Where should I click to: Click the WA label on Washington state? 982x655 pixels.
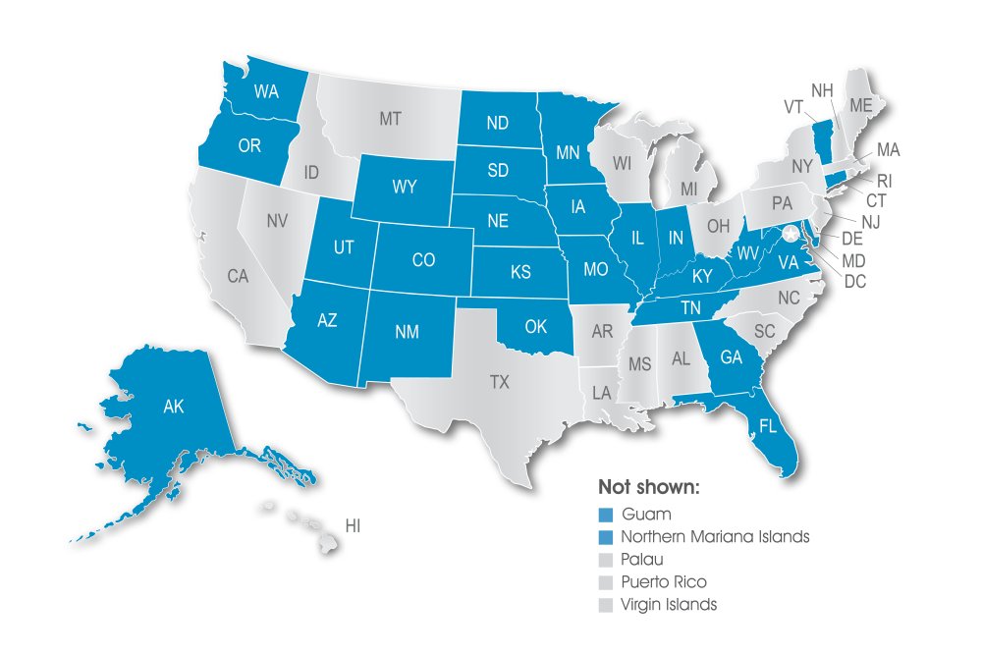click(x=266, y=92)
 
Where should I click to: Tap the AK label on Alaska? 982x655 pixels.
click(x=175, y=407)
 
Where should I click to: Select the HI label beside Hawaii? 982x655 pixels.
click(x=353, y=526)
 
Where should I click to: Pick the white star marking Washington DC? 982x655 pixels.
click(x=791, y=234)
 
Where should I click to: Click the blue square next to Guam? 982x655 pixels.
click(x=606, y=515)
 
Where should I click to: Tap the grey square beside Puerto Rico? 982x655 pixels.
click(x=606, y=582)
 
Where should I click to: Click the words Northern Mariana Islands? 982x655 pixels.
click(x=716, y=537)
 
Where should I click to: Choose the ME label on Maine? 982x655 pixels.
click(x=861, y=105)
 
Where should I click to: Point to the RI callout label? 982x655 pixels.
click(x=884, y=180)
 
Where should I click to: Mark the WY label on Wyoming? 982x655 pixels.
click(x=405, y=186)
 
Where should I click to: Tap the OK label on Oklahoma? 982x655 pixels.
click(x=535, y=326)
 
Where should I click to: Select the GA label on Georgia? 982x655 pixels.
click(x=731, y=358)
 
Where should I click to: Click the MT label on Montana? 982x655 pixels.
click(x=390, y=119)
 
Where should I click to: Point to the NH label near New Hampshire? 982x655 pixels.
click(x=822, y=90)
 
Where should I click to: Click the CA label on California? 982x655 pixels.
click(x=238, y=277)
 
